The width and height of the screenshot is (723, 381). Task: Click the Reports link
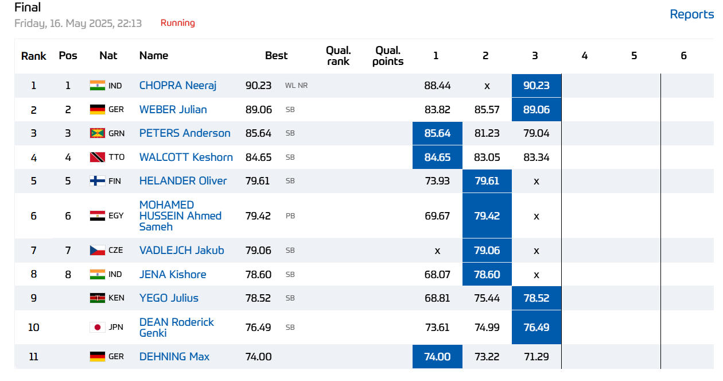pyautogui.click(x=691, y=14)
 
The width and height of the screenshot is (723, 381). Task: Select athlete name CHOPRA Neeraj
pyautogui.click(x=177, y=86)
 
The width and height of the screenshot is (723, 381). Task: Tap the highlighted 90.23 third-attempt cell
pyautogui.click(x=536, y=86)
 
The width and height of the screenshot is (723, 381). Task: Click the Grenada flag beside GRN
pyautogui.click(x=98, y=133)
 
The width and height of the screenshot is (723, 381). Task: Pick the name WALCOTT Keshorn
pyautogui.click(x=186, y=157)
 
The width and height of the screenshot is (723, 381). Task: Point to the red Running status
pyautogui.click(x=177, y=23)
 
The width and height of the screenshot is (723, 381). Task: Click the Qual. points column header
pyautogui.click(x=388, y=56)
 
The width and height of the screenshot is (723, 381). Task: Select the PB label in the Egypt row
pyautogui.click(x=290, y=216)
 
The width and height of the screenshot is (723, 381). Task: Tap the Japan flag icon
pyautogui.click(x=98, y=328)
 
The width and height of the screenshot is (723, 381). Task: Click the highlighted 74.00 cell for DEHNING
pyautogui.click(x=437, y=357)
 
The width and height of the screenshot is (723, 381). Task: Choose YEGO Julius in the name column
pyautogui.click(x=169, y=298)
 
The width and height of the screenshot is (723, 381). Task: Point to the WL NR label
pyautogui.click(x=296, y=86)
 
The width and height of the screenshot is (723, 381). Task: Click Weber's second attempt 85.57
pyautogui.click(x=487, y=109)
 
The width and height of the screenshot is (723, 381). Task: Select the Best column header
pyautogui.click(x=276, y=56)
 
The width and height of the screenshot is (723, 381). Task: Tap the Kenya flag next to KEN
pyautogui.click(x=98, y=298)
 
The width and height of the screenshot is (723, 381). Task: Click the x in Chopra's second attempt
pyautogui.click(x=487, y=86)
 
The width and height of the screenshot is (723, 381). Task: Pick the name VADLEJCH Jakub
pyautogui.click(x=181, y=250)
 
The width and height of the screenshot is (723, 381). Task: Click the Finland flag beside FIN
pyautogui.click(x=98, y=181)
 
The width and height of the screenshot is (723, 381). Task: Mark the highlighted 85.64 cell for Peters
pyautogui.click(x=437, y=133)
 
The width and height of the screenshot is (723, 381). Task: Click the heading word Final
pyautogui.click(x=28, y=7)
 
